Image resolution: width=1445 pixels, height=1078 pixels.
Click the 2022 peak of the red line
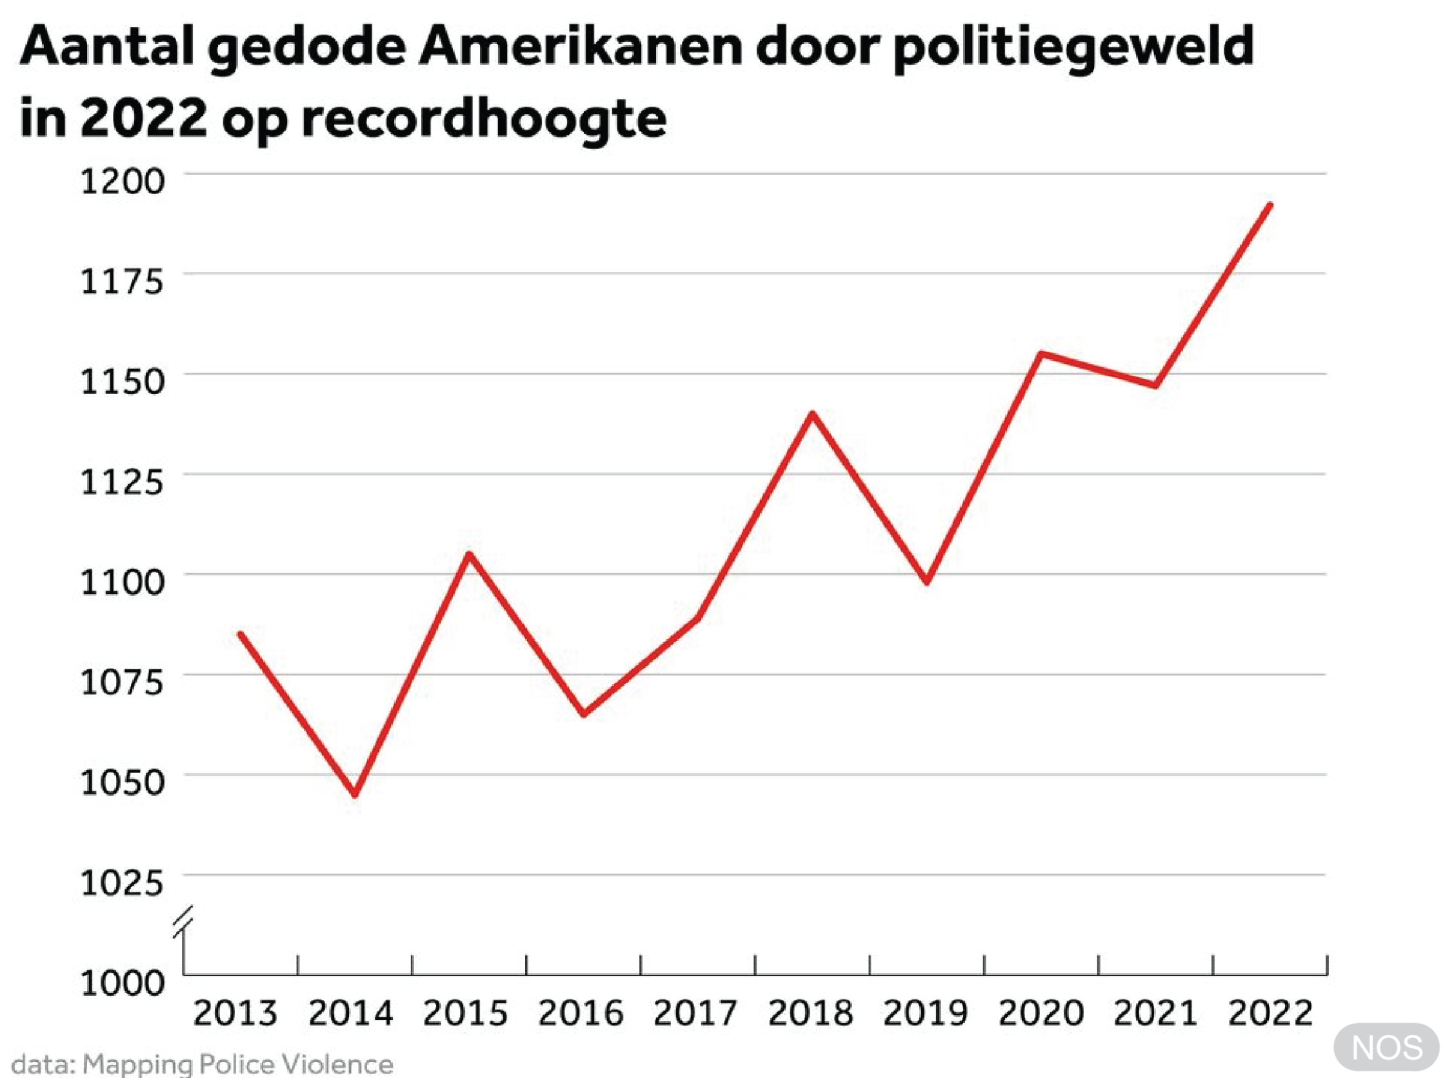(1270, 206)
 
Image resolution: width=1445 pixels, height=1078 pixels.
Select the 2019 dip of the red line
(926, 581)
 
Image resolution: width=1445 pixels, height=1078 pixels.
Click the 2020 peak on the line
(1041, 354)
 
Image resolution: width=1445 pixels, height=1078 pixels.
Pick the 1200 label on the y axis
(122, 181)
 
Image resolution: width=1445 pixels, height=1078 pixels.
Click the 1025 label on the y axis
(122, 883)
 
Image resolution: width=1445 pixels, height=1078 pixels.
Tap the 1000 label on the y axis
(122, 983)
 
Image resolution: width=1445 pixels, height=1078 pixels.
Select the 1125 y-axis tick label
(122, 483)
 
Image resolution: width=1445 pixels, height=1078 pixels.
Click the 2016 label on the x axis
(581, 1014)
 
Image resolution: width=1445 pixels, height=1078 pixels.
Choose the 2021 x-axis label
(1155, 1014)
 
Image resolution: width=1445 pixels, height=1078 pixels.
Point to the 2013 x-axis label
(235, 1014)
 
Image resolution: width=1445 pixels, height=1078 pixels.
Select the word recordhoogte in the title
(484, 119)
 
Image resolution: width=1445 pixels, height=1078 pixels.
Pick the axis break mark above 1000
(183, 921)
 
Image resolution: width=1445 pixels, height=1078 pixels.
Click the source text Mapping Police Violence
(238, 1064)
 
